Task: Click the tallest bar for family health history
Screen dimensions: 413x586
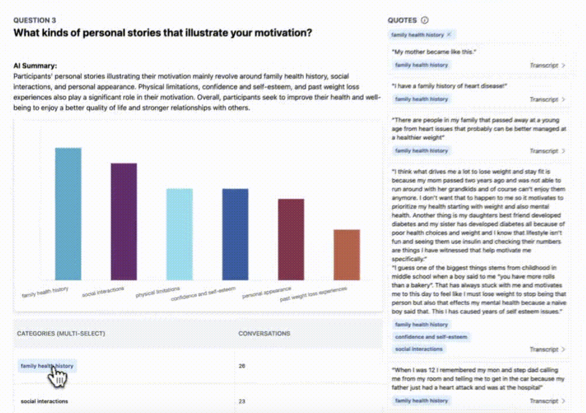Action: click(68, 214)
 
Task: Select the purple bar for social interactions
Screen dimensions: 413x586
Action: click(124, 222)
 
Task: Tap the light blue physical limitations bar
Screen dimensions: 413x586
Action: click(180, 234)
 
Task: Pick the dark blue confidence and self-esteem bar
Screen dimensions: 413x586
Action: click(235, 234)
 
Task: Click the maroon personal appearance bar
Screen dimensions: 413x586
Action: click(291, 239)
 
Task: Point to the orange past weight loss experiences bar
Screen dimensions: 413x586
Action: click(347, 255)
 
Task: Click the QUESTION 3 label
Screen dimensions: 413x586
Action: click(35, 20)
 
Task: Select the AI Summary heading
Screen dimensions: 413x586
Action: click(35, 66)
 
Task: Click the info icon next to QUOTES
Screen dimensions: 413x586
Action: click(425, 20)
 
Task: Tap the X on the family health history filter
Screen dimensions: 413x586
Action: click(449, 35)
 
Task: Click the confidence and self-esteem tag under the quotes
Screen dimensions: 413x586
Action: click(431, 337)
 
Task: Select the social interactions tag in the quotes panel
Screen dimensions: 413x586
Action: click(419, 349)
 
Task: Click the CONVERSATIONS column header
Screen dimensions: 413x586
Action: click(264, 334)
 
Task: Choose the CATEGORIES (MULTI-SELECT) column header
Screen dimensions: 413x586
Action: click(61, 334)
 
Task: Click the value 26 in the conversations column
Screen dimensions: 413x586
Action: click(242, 366)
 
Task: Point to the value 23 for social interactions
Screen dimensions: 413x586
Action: click(242, 401)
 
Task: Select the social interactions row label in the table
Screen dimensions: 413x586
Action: click(44, 401)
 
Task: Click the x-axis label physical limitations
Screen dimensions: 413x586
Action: click(158, 292)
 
